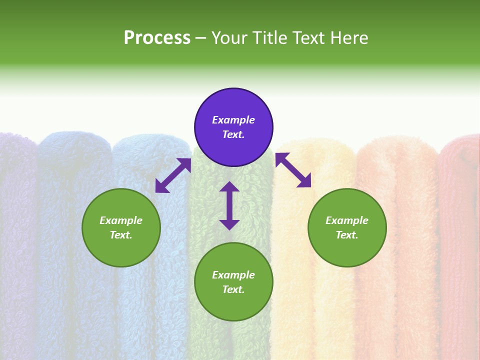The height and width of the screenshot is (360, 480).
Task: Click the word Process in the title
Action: pos(157,38)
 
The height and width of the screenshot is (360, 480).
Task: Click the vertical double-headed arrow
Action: pos(229,205)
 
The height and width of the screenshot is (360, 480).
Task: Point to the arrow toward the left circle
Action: pos(173,175)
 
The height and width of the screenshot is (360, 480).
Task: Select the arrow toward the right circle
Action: pos(293,170)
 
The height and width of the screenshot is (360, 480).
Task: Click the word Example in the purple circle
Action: pos(233,120)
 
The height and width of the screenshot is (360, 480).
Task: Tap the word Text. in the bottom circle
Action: pos(233,289)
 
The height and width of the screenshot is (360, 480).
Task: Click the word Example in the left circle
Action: pos(121,220)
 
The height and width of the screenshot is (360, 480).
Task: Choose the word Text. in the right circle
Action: pos(347,235)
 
